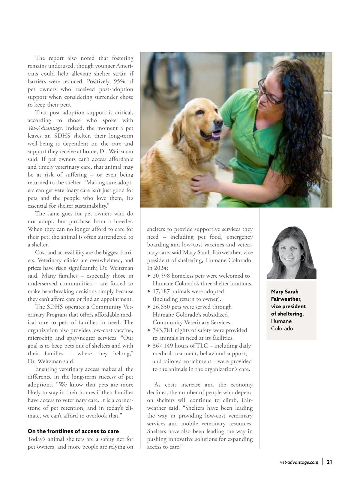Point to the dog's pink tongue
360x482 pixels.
pyautogui.click(x=215, y=135)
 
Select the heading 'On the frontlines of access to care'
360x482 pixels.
pyautogui.click(x=73, y=431)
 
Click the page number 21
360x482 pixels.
pyautogui.click(x=329, y=462)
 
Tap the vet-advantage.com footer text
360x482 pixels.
pyautogui.click(x=299, y=462)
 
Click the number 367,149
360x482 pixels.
pyautogui.click(x=163, y=346)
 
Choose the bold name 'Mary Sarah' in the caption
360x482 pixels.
pyautogui.click(x=285, y=292)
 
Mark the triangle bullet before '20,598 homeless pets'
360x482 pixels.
pyautogui.click(x=149, y=276)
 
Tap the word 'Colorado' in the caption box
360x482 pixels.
pyautogui.click(x=282, y=329)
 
